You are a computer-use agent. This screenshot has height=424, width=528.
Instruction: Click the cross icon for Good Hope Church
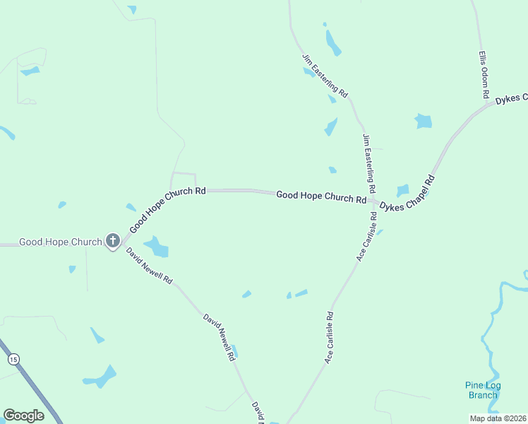click(x=112, y=241)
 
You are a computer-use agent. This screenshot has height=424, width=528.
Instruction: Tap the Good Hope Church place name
click(x=61, y=242)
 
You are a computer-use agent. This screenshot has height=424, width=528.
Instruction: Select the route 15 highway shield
click(x=13, y=359)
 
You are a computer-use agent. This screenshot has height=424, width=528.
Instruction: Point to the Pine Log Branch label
click(x=483, y=390)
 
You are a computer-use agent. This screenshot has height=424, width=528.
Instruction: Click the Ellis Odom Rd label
click(x=484, y=73)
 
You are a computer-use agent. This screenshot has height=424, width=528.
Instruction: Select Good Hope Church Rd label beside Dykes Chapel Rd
click(x=321, y=196)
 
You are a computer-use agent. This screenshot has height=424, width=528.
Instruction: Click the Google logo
click(x=23, y=416)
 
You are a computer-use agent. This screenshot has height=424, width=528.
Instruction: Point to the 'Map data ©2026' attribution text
click(x=498, y=418)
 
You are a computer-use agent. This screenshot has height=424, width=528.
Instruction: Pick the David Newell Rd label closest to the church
click(x=149, y=266)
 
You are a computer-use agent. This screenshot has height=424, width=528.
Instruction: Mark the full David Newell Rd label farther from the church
click(x=219, y=338)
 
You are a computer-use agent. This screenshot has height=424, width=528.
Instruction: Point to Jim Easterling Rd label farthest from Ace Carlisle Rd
click(x=325, y=75)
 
